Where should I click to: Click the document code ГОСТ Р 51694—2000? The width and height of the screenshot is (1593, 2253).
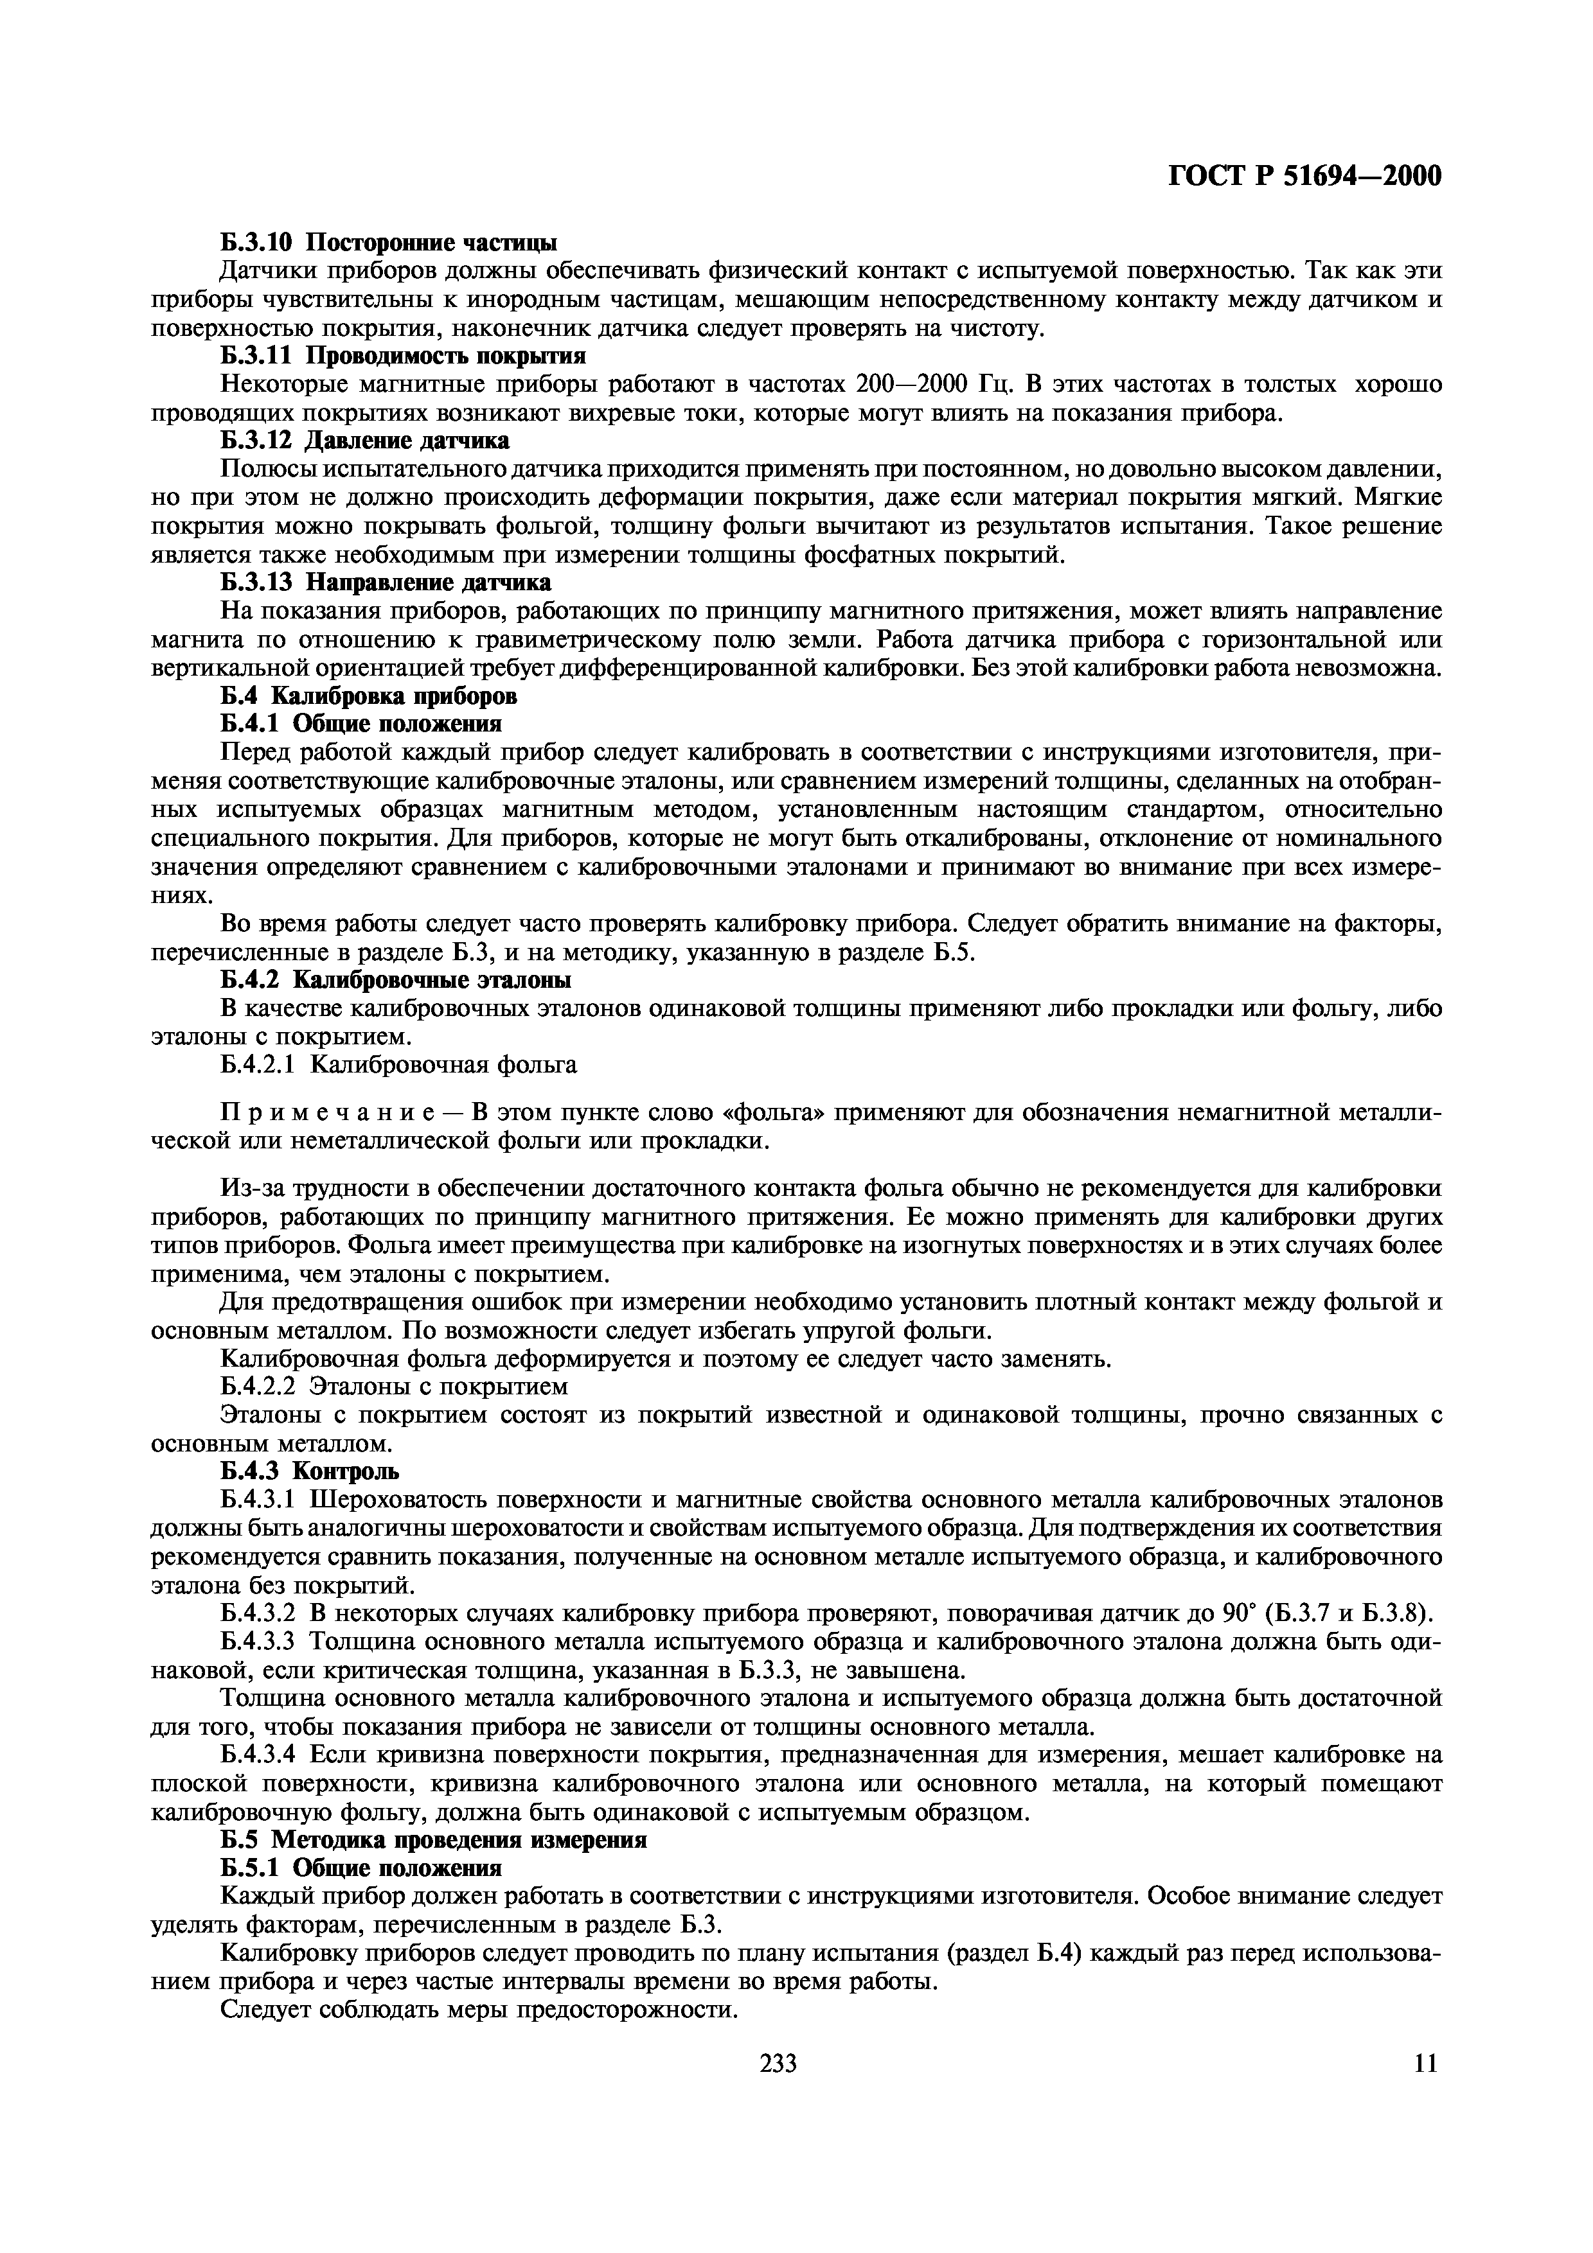(1305, 177)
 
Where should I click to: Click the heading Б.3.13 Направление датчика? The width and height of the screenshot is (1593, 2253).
(386, 583)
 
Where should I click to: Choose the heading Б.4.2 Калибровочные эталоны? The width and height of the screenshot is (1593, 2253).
(396, 980)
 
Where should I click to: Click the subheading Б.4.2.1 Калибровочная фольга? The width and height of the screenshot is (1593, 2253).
(398, 1065)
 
